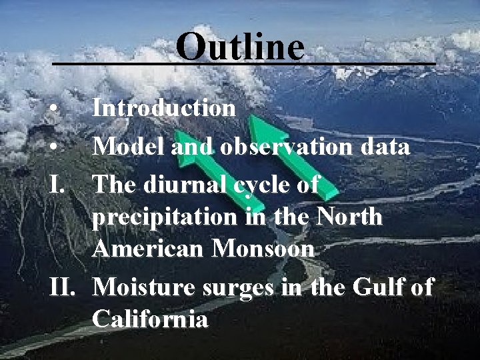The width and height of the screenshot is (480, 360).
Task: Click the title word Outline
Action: pyautogui.click(x=241, y=47)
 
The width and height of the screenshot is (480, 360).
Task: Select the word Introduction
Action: pyautogui.click(x=164, y=108)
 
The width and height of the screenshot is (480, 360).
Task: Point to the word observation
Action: pyautogui.click(x=287, y=147)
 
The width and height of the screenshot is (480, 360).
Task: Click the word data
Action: pyautogui.click(x=382, y=147)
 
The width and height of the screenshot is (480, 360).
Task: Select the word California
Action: pyautogui.click(x=151, y=320)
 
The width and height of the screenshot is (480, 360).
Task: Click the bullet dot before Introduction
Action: pyautogui.click(x=59, y=108)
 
